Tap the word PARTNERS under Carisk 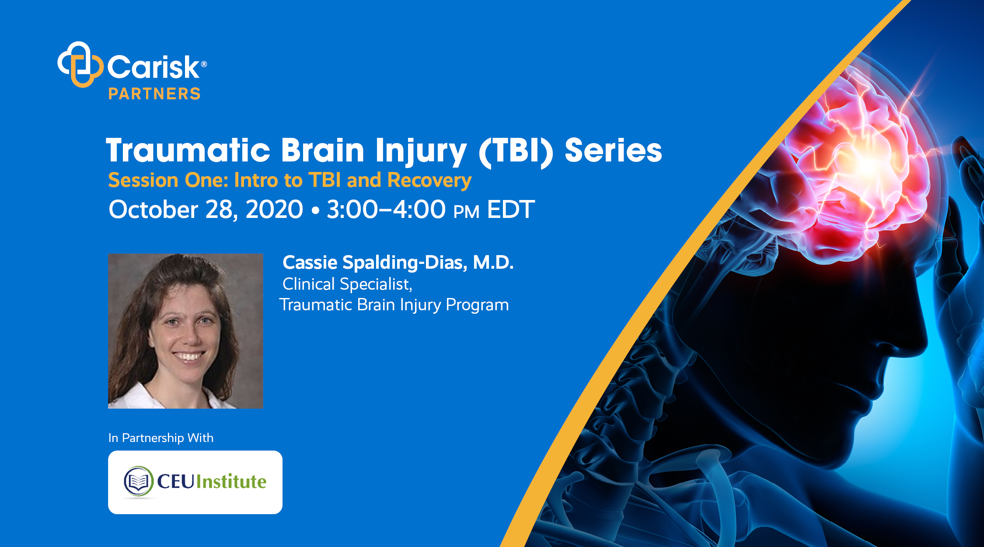(154, 94)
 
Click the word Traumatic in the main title (188, 150)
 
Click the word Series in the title (613, 150)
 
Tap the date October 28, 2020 (206, 209)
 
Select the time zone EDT (510, 209)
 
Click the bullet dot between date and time (315, 210)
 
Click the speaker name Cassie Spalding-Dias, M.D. (398, 263)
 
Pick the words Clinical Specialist (347, 284)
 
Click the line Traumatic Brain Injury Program (394, 305)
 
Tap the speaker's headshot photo (185, 331)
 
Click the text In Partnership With (161, 438)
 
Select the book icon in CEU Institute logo (138, 481)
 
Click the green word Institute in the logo (231, 481)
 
